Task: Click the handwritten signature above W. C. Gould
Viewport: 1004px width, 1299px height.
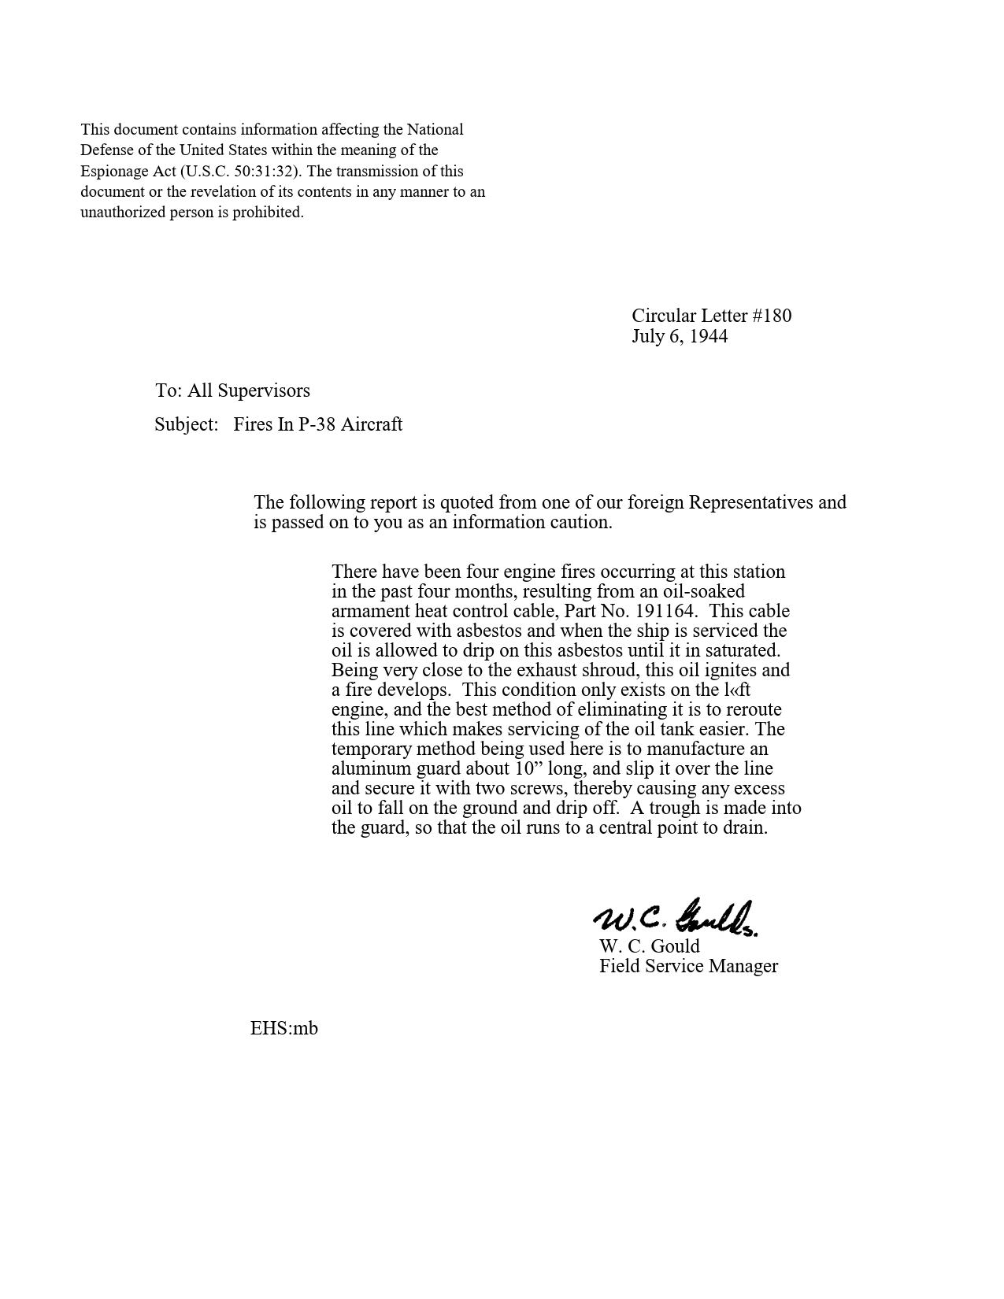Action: (x=675, y=918)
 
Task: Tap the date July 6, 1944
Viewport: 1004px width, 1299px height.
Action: (x=680, y=336)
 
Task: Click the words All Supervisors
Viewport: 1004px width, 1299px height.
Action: (x=249, y=390)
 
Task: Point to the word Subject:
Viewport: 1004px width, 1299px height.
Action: (x=186, y=424)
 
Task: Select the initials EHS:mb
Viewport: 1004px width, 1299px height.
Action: (x=284, y=1028)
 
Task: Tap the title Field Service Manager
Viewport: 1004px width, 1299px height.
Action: (x=688, y=966)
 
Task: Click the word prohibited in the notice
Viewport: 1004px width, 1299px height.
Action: (x=268, y=213)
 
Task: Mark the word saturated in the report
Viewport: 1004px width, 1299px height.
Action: (x=743, y=650)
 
